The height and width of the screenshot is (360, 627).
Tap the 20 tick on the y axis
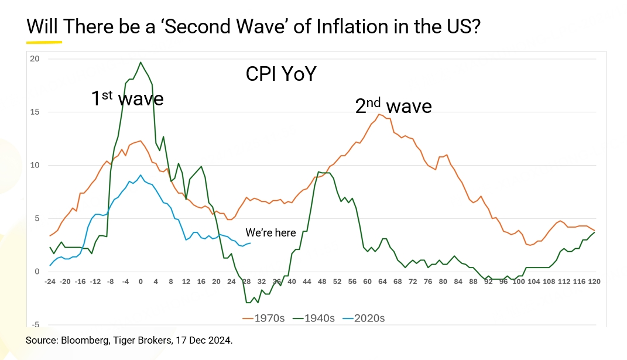pyautogui.click(x=35, y=59)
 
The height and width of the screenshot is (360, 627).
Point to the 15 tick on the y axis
pyautogui.click(x=35, y=112)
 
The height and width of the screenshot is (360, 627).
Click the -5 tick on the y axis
pyautogui.click(x=35, y=325)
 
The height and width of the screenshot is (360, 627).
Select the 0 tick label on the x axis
pyautogui.click(x=141, y=282)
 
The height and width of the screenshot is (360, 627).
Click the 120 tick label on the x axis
pyautogui.click(x=594, y=282)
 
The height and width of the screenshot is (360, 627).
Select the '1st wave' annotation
pyautogui.click(x=127, y=98)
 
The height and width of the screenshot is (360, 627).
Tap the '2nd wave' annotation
pyautogui.click(x=393, y=106)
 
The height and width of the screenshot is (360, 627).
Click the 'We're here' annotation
pyautogui.click(x=270, y=233)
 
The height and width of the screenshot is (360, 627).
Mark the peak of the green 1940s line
pyautogui.click(x=141, y=62)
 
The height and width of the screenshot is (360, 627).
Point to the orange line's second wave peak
pyautogui.click(x=380, y=114)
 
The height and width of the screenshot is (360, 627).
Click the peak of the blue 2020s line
pyautogui.click(x=141, y=175)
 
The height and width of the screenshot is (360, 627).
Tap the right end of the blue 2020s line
pyautogui.click(x=250, y=243)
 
